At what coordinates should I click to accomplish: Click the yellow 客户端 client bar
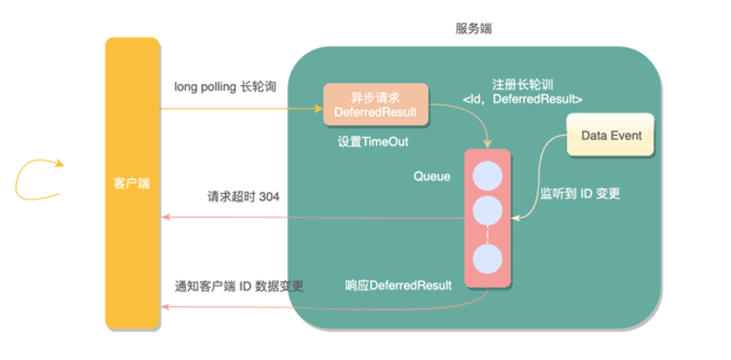[132, 183]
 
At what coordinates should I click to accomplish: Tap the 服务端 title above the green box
[473, 29]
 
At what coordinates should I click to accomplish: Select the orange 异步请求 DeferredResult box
[376, 104]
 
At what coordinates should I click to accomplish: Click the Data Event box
[611, 135]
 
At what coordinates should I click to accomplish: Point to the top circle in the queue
[488, 177]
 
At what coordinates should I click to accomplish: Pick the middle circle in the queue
[488, 211]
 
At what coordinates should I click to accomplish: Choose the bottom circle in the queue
[488, 259]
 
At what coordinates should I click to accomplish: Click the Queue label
[432, 177]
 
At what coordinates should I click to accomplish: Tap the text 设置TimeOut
[372, 142]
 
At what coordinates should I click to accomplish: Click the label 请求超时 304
[243, 197]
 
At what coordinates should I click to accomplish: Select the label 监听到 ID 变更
[580, 194]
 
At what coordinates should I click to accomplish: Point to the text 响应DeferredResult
[398, 285]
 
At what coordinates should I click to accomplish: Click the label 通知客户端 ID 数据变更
[239, 285]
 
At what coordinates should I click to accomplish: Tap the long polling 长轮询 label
[226, 87]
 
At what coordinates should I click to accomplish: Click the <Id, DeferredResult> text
[522, 99]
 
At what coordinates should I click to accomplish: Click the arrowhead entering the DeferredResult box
[319, 109]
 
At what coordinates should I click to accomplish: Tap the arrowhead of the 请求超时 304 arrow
[165, 217]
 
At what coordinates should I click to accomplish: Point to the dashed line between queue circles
[488, 235]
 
